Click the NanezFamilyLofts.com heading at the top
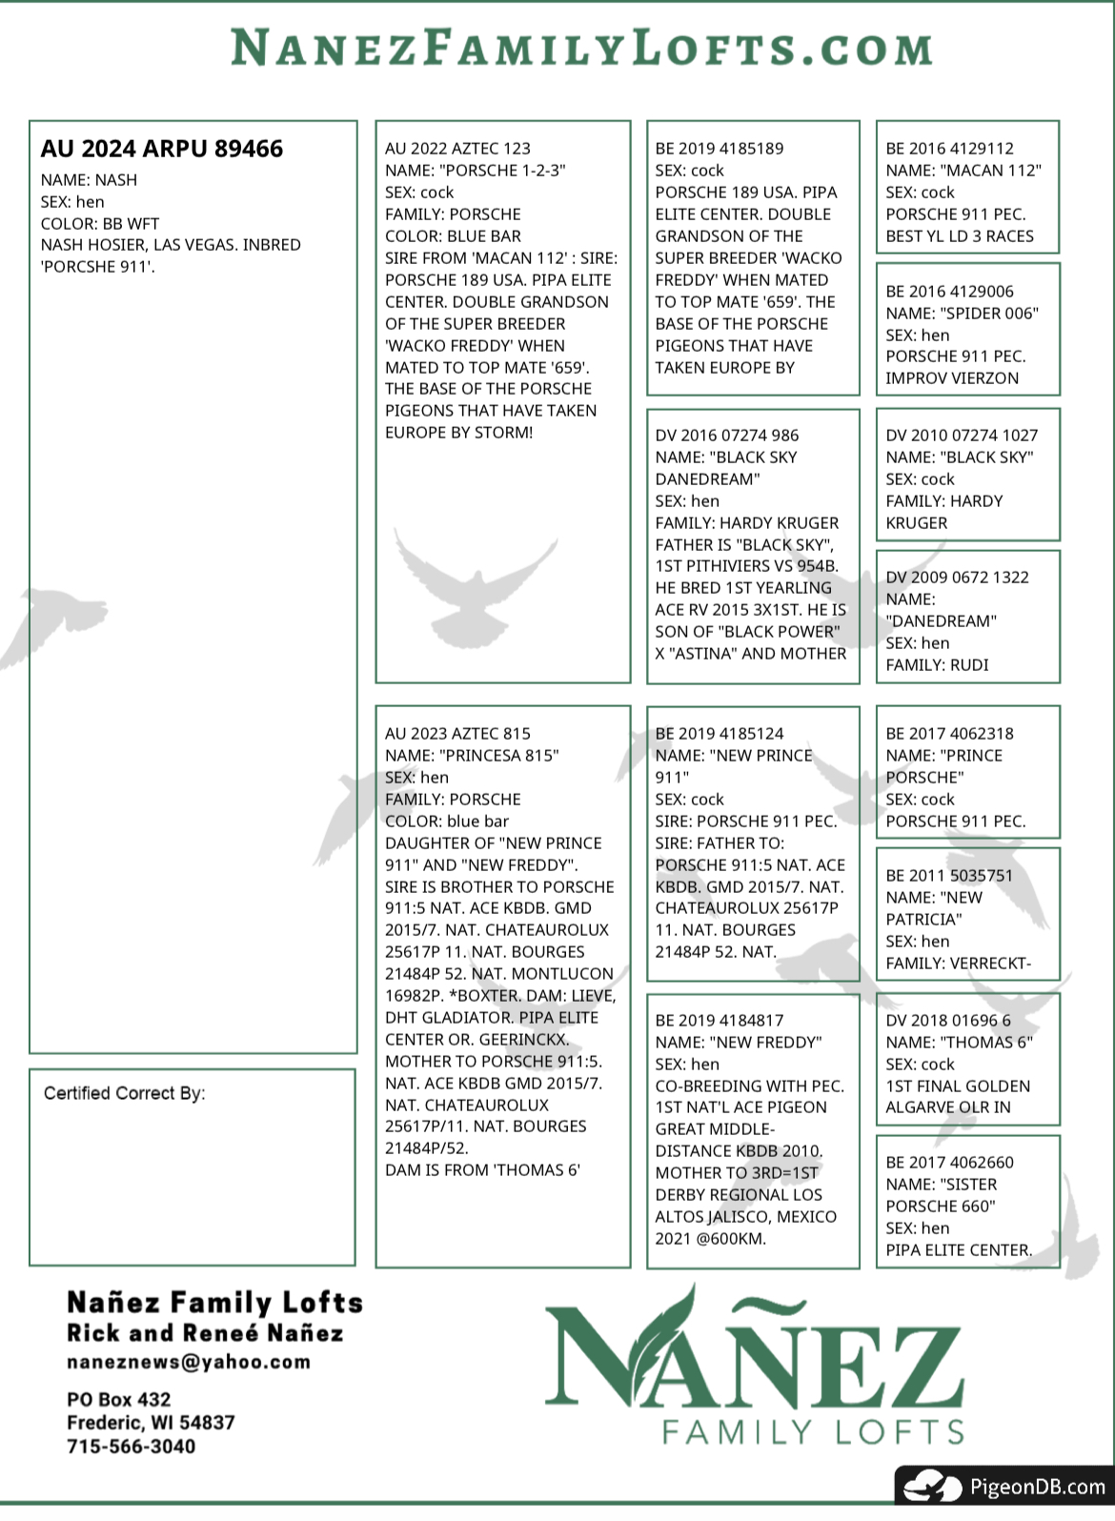[x=581, y=48]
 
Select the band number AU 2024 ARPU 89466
[x=162, y=150]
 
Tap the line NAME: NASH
[x=89, y=180]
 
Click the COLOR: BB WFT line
[x=100, y=224]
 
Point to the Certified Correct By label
[x=124, y=1093]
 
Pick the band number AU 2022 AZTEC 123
[x=457, y=149]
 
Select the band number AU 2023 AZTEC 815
[x=457, y=734]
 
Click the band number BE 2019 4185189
[x=720, y=149]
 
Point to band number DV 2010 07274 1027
[x=962, y=436]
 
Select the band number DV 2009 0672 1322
[x=957, y=578]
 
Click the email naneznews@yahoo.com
[x=189, y=1362]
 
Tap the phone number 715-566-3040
[x=131, y=1446]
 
